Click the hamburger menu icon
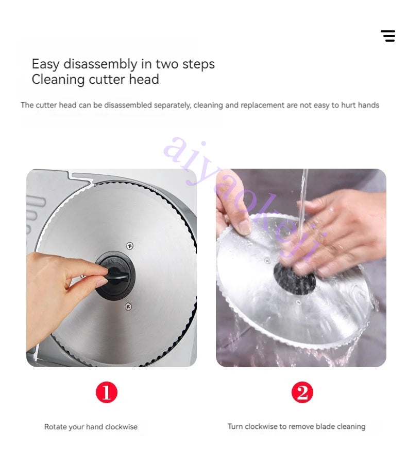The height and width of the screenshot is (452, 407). click(x=388, y=36)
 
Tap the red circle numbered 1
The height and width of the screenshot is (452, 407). click(x=107, y=392)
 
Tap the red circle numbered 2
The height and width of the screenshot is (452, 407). click(x=302, y=392)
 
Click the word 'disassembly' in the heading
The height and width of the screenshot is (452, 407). click(x=100, y=64)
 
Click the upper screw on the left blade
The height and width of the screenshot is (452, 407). click(x=130, y=246)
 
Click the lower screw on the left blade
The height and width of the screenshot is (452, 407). click(x=129, y=306)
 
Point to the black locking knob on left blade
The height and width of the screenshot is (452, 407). click(x=115, y=275)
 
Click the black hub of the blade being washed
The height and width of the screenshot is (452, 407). click(x=294, y=279)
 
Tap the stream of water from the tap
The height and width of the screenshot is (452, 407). click(x=302, y=202)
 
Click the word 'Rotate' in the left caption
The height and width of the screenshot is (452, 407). click(x=56, y=427)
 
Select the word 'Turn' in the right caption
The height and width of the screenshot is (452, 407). click(x=235, y=426)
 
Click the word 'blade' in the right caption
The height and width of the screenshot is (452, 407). click(x=325, y=426)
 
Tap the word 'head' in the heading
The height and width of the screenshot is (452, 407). click(x=144, y=80)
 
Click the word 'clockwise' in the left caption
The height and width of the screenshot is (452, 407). click(x=121, y=427)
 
